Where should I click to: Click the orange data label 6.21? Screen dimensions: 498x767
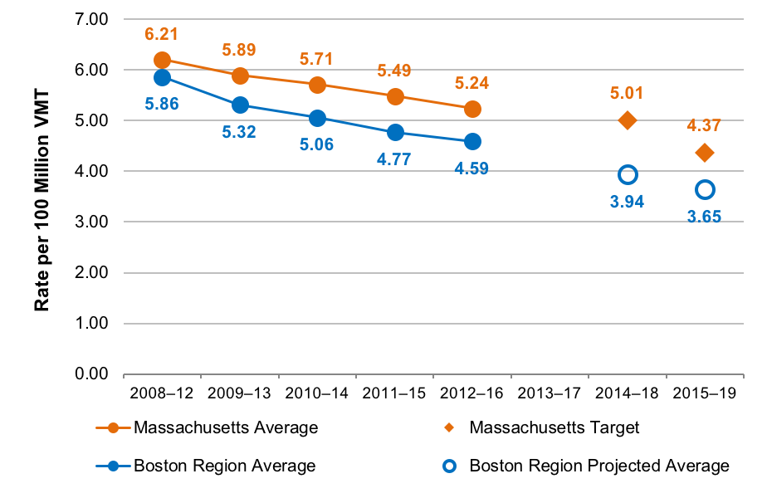(x=162, y=35)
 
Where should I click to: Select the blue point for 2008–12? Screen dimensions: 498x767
(x=162, y=77)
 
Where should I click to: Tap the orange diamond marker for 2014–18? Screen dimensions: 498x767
(x=628, y=120)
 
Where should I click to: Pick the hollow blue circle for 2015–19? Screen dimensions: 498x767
(x=705, y=189)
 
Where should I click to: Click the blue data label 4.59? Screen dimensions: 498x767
(x=471, y=168)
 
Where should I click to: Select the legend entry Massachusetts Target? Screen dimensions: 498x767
(x=554, y=428)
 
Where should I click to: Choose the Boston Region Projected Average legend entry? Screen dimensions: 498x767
(x=598, y=466)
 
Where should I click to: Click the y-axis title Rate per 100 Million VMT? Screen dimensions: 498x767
(x=42, y=197)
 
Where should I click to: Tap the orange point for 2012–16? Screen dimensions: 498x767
(x=471, y=109)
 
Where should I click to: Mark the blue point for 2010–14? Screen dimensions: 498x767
(x=317, y=118)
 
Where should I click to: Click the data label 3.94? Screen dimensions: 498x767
(x=628, y=201)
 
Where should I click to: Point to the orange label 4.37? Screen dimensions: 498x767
(x=705, y=125)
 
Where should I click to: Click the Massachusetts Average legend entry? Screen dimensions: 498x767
(x=225, y=428)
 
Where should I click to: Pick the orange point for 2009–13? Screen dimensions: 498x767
(x=240, y=76)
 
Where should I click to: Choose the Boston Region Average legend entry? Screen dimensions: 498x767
(x=224, y=466)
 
